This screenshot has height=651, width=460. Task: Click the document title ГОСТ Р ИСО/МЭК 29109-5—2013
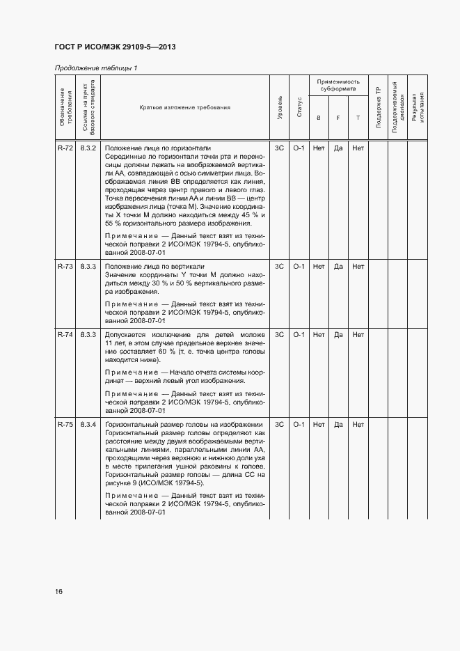coord(115,47)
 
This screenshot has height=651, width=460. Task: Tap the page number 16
coord(59,591)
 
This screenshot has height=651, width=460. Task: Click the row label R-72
coord(65,148)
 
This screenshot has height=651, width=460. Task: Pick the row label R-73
coord(65,266)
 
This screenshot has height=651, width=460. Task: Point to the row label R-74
coord(65,334)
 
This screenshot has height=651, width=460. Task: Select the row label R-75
coord(65,424)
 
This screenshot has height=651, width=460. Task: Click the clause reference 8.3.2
coord(88,148)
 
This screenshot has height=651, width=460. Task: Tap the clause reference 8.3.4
coord(88,424)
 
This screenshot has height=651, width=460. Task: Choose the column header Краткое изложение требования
coord(184,108)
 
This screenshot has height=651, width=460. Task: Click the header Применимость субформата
coord(338,86)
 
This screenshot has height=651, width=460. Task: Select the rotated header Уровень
coord(280,108)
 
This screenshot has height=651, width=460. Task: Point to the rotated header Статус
coord(299,108)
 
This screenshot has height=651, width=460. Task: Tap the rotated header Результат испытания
coord(418,108)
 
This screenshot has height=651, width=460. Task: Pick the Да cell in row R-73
coord(338,266)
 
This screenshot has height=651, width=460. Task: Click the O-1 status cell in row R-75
coord(299,424)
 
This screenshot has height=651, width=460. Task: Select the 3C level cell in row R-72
coord(280,148)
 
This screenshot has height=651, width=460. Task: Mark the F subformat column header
coord(338,118)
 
